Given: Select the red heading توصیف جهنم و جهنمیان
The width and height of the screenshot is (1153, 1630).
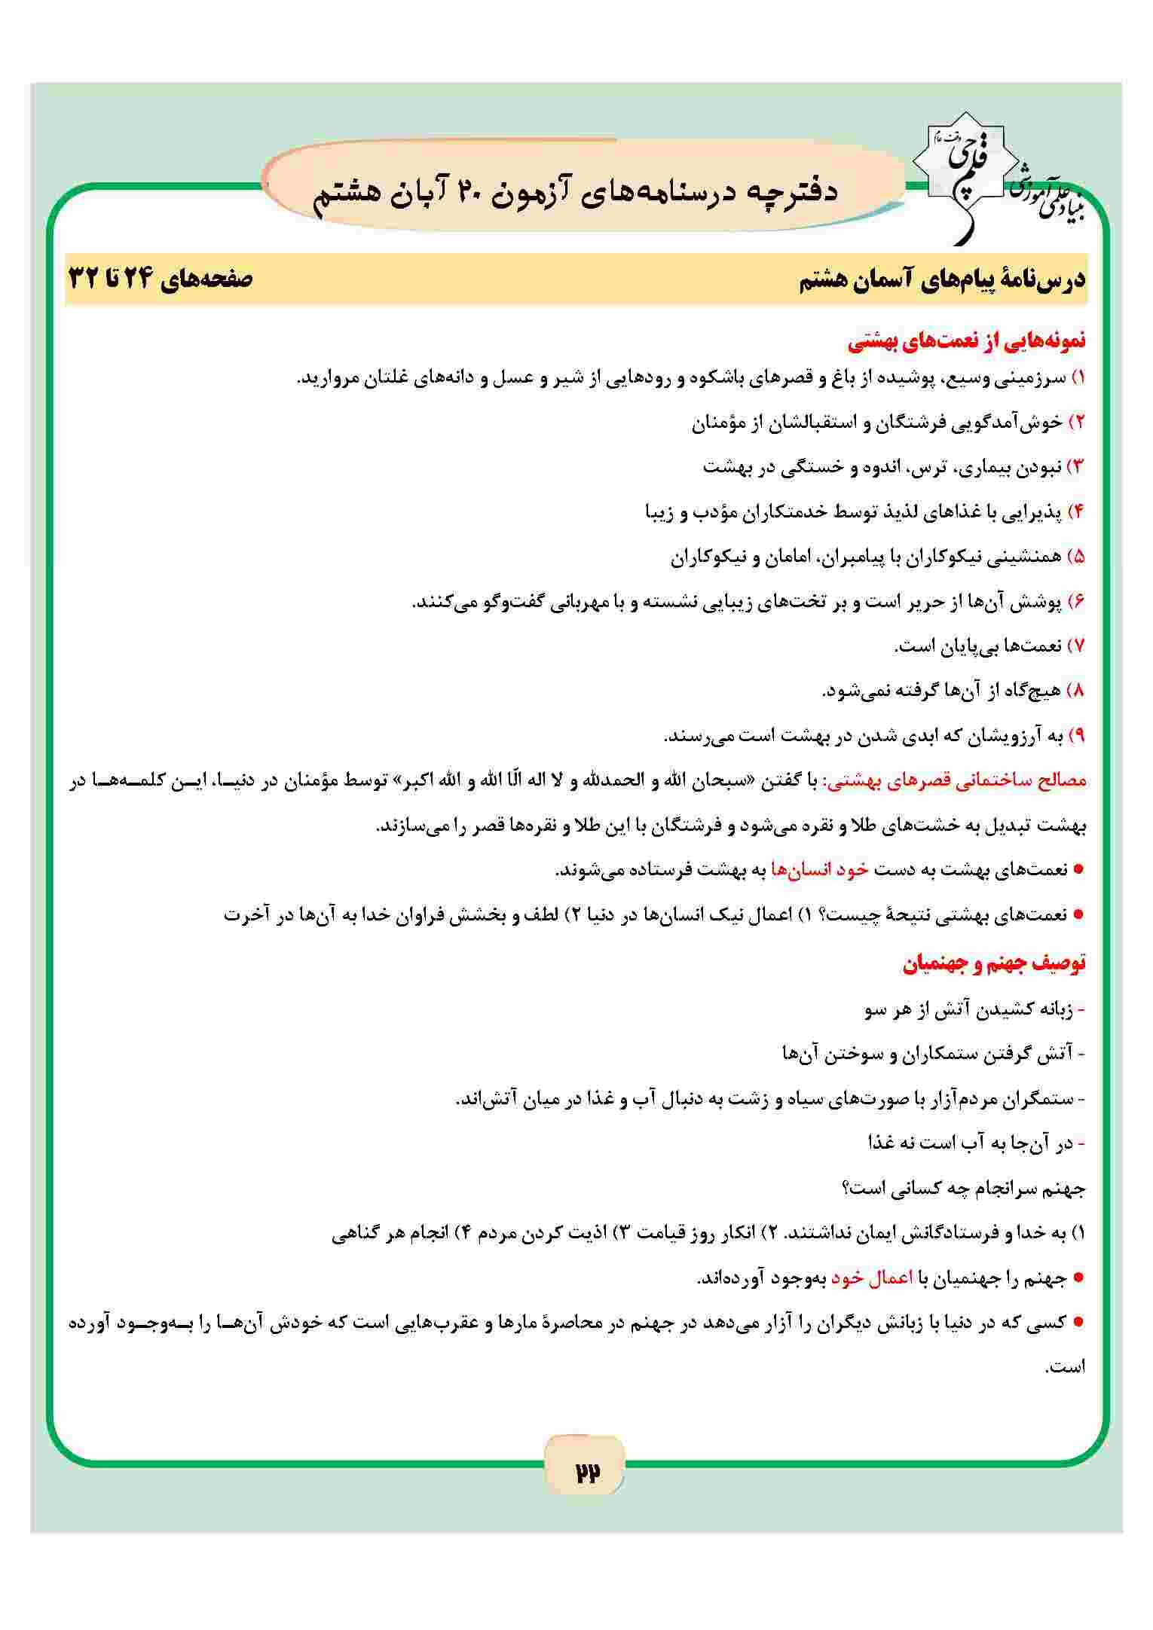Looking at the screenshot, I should coord(994,964).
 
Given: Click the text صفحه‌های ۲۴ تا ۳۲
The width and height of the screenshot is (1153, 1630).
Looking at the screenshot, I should coord(161,279).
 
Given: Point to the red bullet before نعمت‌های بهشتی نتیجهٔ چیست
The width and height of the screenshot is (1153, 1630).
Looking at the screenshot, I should coord(1078,915).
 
